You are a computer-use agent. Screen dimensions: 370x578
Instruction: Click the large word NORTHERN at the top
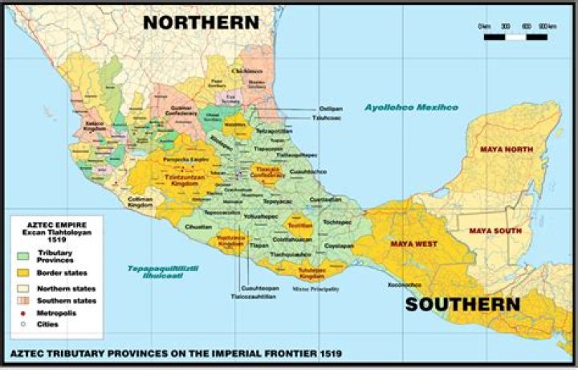pyautogui.click(x=200, y=23)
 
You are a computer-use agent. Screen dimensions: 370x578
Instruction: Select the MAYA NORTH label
pyautogui.click(x=506, y=150)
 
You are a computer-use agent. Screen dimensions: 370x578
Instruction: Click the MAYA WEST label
pyautogui.click(x=413, y=242)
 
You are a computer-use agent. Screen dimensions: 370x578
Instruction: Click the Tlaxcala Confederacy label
pyautogui.click(x=268, y=173)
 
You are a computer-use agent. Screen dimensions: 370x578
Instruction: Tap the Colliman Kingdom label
pyautogui.click(x=140, y=202)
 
